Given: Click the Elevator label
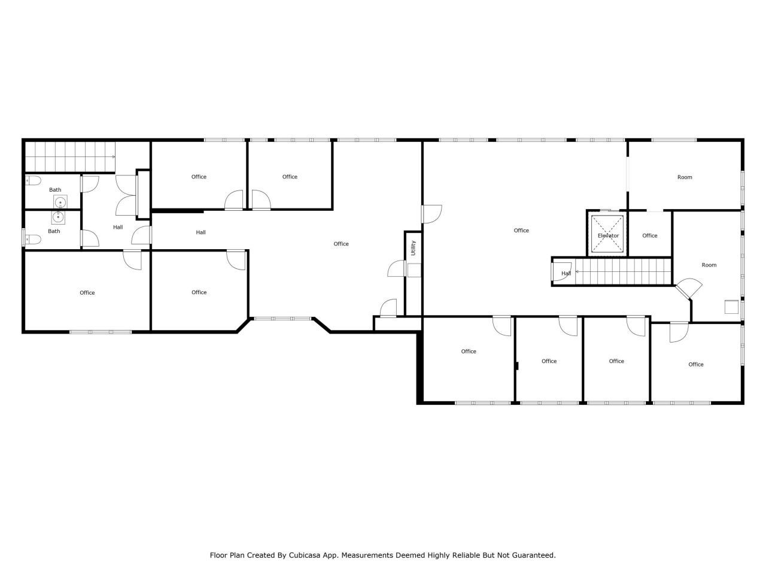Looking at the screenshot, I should click(x=608, y=235).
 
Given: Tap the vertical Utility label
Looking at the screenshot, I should click(x=413, y=248).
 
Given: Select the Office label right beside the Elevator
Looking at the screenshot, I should click(x=650, y=235).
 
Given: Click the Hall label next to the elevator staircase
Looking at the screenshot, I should click(x=566, y=274).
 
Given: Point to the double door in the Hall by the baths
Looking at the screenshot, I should click(x=126, y=195).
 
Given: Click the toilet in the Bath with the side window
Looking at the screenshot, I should click(x=34, y=239).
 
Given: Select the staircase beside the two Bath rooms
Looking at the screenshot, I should click(x=69, y=156).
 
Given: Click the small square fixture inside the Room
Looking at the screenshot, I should click(x=730, y=306).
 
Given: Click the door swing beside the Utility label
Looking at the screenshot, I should click(x=397, y=269).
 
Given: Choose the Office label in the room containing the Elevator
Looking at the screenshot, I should click(x=521, y=231).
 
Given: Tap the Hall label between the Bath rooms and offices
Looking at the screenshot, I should click(x=118, y=227).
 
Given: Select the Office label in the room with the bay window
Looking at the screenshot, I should click(x=341, y=244).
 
